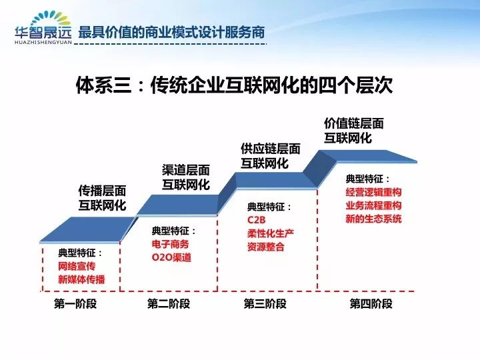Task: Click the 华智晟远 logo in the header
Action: [x=43, y=27]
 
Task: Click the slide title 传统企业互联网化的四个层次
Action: [x=271, y=85]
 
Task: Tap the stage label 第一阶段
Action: [x=75, y=304]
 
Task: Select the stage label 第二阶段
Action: [x=169, y=304]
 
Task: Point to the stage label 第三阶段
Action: [x=265, y=304]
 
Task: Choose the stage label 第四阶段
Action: [x=371, y=304]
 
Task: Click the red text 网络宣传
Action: [x=77, y=266]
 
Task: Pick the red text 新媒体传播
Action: [x=81, y=279]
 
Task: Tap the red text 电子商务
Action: [x=170, y=244]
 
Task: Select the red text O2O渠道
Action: [x=171, y=257]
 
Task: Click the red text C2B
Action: [x=256, y=220]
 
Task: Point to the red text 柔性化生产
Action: [x=271, y=233]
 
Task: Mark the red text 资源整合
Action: [x=266, y=247]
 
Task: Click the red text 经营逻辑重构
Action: [x=373, y=192]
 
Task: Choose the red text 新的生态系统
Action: [x=373, y=219]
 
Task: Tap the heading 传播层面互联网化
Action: [x=102, y=198]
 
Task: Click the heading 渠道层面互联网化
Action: [x=186, y=177]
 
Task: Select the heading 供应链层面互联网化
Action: [x=270, y=156]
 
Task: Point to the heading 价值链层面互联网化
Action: [x=354, y=131]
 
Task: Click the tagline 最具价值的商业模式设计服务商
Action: [x=171, y=32]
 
